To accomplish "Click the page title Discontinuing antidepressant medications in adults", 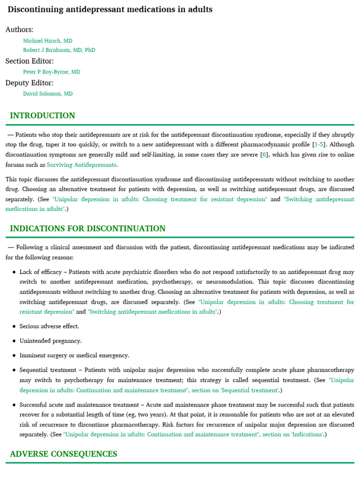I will click(110, 9).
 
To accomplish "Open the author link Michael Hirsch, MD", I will click(47, 41).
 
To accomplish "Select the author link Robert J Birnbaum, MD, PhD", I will click(59, 50).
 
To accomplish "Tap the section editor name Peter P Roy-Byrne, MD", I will click(51, 72).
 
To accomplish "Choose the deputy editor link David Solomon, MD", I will click(47, 94).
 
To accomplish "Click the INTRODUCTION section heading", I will click(42, 116).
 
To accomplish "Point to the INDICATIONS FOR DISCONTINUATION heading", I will click(88, 229).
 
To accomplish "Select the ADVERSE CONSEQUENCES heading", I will click(63, 454).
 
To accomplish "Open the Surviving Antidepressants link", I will click(82, 165).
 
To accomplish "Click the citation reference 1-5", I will click(319, 144).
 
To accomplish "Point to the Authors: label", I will click(19, 30).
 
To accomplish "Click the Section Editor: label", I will click(30, 61).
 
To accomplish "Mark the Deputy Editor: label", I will click(29, 83).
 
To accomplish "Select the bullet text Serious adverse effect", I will click(49, 326).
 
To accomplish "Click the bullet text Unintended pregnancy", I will click(50, 341).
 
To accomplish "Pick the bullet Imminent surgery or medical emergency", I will click(74, 355).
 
